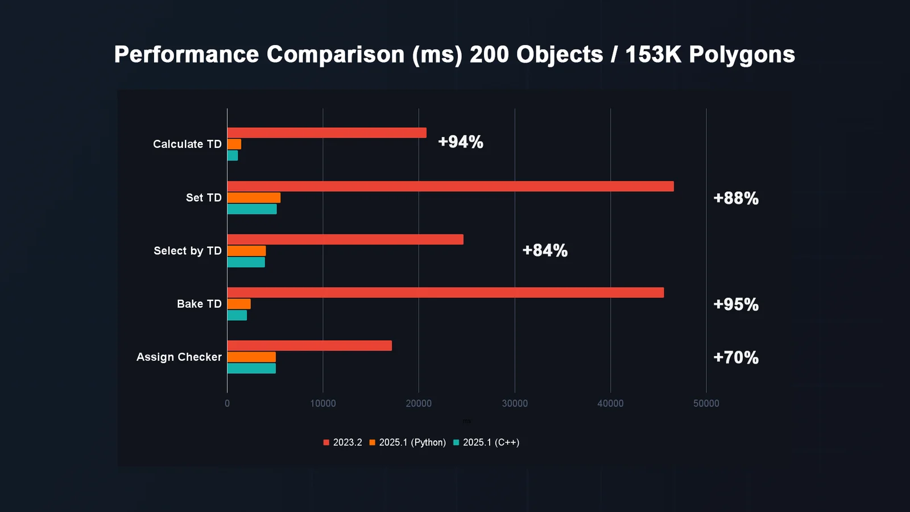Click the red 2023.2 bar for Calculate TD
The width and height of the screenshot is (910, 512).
click(x=326, y=133)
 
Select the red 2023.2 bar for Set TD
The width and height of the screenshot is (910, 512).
click(x=450, y=187)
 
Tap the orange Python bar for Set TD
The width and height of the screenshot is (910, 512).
click(x=254, y=197)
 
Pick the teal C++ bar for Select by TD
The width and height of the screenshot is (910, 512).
click(x=246, y=262)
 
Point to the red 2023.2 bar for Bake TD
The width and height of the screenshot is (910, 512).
click(x=445, y=292)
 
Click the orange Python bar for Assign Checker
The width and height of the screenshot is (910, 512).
click(x=251, y=357)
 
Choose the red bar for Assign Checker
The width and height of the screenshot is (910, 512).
click(x=309, y=346)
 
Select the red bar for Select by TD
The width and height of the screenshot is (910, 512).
click(x=345, y=240)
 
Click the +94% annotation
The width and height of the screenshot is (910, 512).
click(x=461, y=142)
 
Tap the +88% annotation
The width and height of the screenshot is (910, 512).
click(x=736, y=198)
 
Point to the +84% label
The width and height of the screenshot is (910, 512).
click(x=545, y=250)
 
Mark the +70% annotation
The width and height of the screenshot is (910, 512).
click(x=736, y=357)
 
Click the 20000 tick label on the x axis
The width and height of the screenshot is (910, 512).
click(x=419, y=403)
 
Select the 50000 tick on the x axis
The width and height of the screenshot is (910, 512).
click(x=706, y=403)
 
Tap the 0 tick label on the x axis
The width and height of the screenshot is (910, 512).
click(x=227, y=403)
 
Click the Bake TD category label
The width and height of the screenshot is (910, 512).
click(x=199, y=304)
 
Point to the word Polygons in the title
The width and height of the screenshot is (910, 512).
click(x=742, y=55)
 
